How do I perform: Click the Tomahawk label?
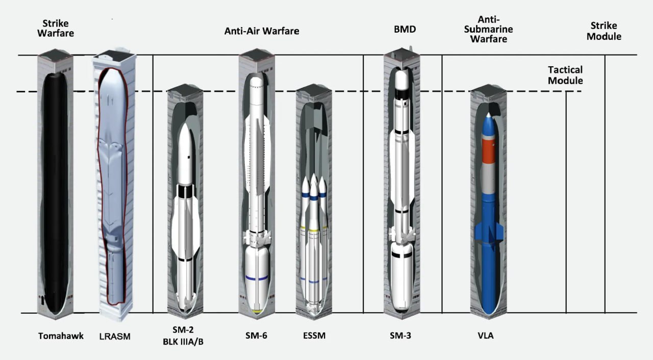click(61, 336)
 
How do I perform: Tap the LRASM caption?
click(115, 337)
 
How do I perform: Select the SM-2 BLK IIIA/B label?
click(183, 336)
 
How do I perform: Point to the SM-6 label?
click(256, 336)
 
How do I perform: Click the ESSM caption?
click(314, 336)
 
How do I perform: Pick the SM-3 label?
click(400, 336)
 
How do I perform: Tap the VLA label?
click(486, 336)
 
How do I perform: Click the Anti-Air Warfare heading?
click(262, 31)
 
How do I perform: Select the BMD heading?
click(405, 29)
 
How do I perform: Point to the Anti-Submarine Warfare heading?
click(489, 29)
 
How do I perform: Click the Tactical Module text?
click(565, 75)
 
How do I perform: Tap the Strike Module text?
click(604, 31)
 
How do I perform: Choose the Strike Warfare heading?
click(56, 28)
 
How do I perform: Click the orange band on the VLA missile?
click(488, 150)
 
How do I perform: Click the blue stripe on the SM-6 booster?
click(257, 278)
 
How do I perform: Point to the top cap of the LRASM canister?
click(114, 56)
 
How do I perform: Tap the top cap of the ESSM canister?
click(314, 90)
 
